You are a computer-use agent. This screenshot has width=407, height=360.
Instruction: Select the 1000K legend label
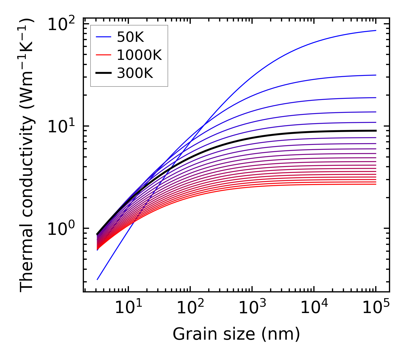pyautogui.click(x=139, y=55)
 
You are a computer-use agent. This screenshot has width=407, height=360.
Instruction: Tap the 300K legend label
pyautogui.click(x=135, y=73)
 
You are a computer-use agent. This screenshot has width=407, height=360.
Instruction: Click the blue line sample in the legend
pyautogui.click(x=103, y=37)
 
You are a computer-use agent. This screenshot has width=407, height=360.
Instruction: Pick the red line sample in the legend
pyautogui.click(x=103, y=55)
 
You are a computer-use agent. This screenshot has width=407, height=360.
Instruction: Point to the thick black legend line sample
pyautogui.click(x=103, y=73)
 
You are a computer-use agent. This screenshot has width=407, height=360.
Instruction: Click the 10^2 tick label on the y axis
pyautogui.click(x=61, y=24)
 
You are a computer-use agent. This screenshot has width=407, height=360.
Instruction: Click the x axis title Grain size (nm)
pyautogui.click(x=236, y=334)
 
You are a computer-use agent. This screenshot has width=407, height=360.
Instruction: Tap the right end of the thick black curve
pyautogui.click(x=375, y=131)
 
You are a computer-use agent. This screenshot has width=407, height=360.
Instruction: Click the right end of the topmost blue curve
pyautogui.click(x=375, y=30)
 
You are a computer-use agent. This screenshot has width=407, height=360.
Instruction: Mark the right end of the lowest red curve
pyautogui.click(x=375, y=184)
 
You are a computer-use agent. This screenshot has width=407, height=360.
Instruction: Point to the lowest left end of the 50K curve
pyautogui.click(x=97, y=280)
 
